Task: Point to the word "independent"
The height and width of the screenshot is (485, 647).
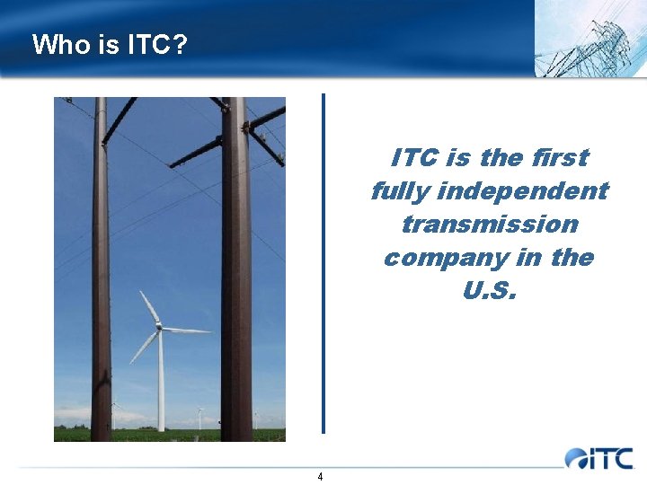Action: [x=523, y=190]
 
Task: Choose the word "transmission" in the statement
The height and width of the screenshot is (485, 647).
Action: [x=490, y=224]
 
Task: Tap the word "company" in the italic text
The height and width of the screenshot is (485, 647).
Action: [x=445, y=257]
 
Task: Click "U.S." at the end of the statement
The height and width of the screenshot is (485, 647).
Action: [x=490, y=291]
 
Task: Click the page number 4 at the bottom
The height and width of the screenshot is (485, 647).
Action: [x=320, y=476]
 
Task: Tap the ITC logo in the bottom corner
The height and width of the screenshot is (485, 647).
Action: [x=599, y=458]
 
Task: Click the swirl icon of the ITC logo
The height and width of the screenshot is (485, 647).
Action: [x=576, y=459]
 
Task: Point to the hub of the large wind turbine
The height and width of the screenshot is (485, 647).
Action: [x=159, y=328]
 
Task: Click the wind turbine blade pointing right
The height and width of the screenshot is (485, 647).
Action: [x=187, y=331]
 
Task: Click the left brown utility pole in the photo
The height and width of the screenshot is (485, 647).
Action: [x=101, y=269]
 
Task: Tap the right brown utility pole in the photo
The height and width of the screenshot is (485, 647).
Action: [x=236, y=269]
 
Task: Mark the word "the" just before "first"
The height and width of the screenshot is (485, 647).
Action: [x=500, y=157]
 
